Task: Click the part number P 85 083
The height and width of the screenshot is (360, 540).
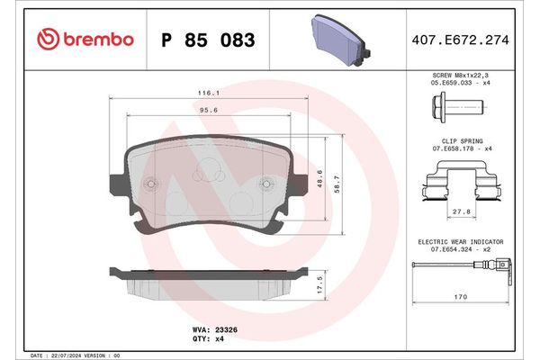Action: (x=207, y=40)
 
